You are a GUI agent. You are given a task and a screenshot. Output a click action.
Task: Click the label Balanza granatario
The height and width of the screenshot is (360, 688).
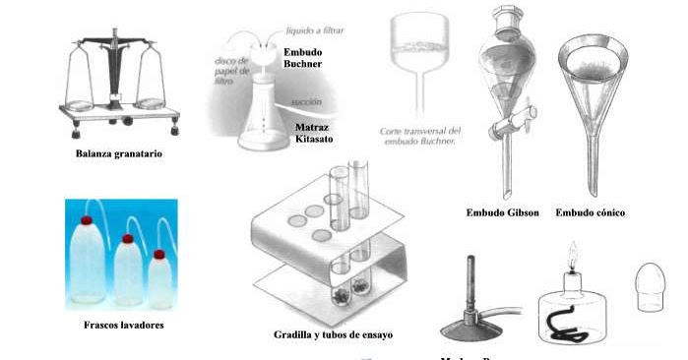(118, 154)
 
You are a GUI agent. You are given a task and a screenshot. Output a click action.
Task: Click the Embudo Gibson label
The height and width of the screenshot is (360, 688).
(502, 212)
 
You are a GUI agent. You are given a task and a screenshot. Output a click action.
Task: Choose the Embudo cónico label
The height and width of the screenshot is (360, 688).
(591, 212)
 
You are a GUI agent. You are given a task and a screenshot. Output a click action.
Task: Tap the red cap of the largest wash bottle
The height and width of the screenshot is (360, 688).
(86, 221)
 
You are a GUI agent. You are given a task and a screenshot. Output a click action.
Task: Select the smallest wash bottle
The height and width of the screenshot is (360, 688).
(159, 281)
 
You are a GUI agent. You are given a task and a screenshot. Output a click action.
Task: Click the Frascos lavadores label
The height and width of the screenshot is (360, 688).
(117, 325)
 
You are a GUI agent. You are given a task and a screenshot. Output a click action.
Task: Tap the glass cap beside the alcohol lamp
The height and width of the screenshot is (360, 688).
(653, 286)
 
